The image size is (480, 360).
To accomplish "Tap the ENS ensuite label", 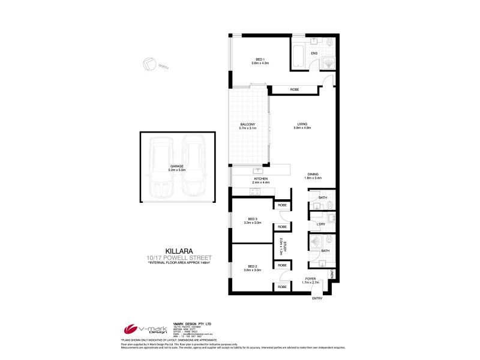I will pyautogui.click(x=314, y=53).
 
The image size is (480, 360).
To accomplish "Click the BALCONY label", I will pyautogui.click(x=247, y=125).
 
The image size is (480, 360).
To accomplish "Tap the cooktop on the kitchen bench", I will pyautogui.click(x=253, y=192).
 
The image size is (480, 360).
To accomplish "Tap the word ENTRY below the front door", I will pyautogui.click(x=317, y=298).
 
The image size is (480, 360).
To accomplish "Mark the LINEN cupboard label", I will pyautogui.click(x=331, y=274).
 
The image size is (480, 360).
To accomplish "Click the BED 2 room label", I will pyautogui.click(x=252, y=268).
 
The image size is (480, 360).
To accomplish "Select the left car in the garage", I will pyautogui.click(x=161, y=167).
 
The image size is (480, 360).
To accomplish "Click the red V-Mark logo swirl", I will pyautogui.click(x=131, y=329).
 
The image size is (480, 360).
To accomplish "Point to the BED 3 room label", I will pyautogui.click(x=251, y=220).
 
